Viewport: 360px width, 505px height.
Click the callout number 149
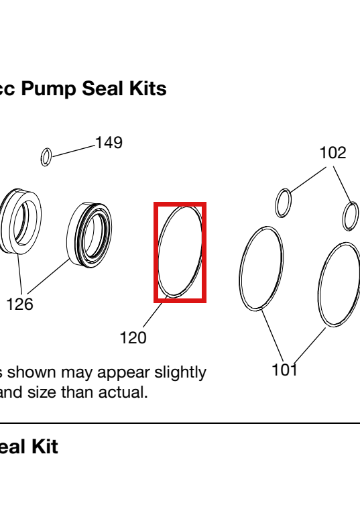coord(109,143)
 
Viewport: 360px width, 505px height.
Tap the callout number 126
coord(19,304)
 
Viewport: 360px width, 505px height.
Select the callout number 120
coord(133,338)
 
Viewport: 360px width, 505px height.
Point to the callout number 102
coord(333,153)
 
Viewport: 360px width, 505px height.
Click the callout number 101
coord(285,370)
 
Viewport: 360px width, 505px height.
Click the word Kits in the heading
coord(147,89)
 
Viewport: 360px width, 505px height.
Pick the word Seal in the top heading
coord(103,89)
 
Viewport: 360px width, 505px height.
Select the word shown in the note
coord(32,373)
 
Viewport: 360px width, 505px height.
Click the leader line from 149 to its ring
coord(74,152)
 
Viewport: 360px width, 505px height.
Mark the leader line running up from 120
coord(155,312)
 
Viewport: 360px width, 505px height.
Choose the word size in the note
coord(43,392)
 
